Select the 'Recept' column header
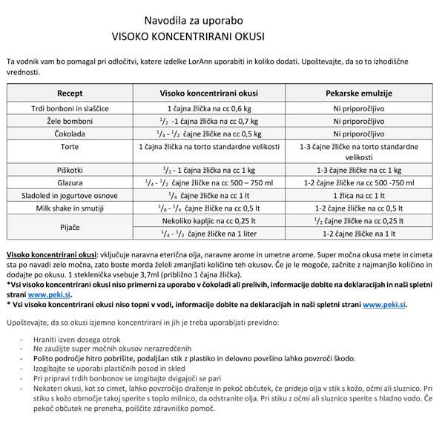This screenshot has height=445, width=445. click(x=70, y=93)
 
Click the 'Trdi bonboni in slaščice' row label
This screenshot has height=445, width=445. click(x=70, y=108)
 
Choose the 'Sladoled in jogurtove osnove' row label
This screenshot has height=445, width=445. click(x=70, y=195)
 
